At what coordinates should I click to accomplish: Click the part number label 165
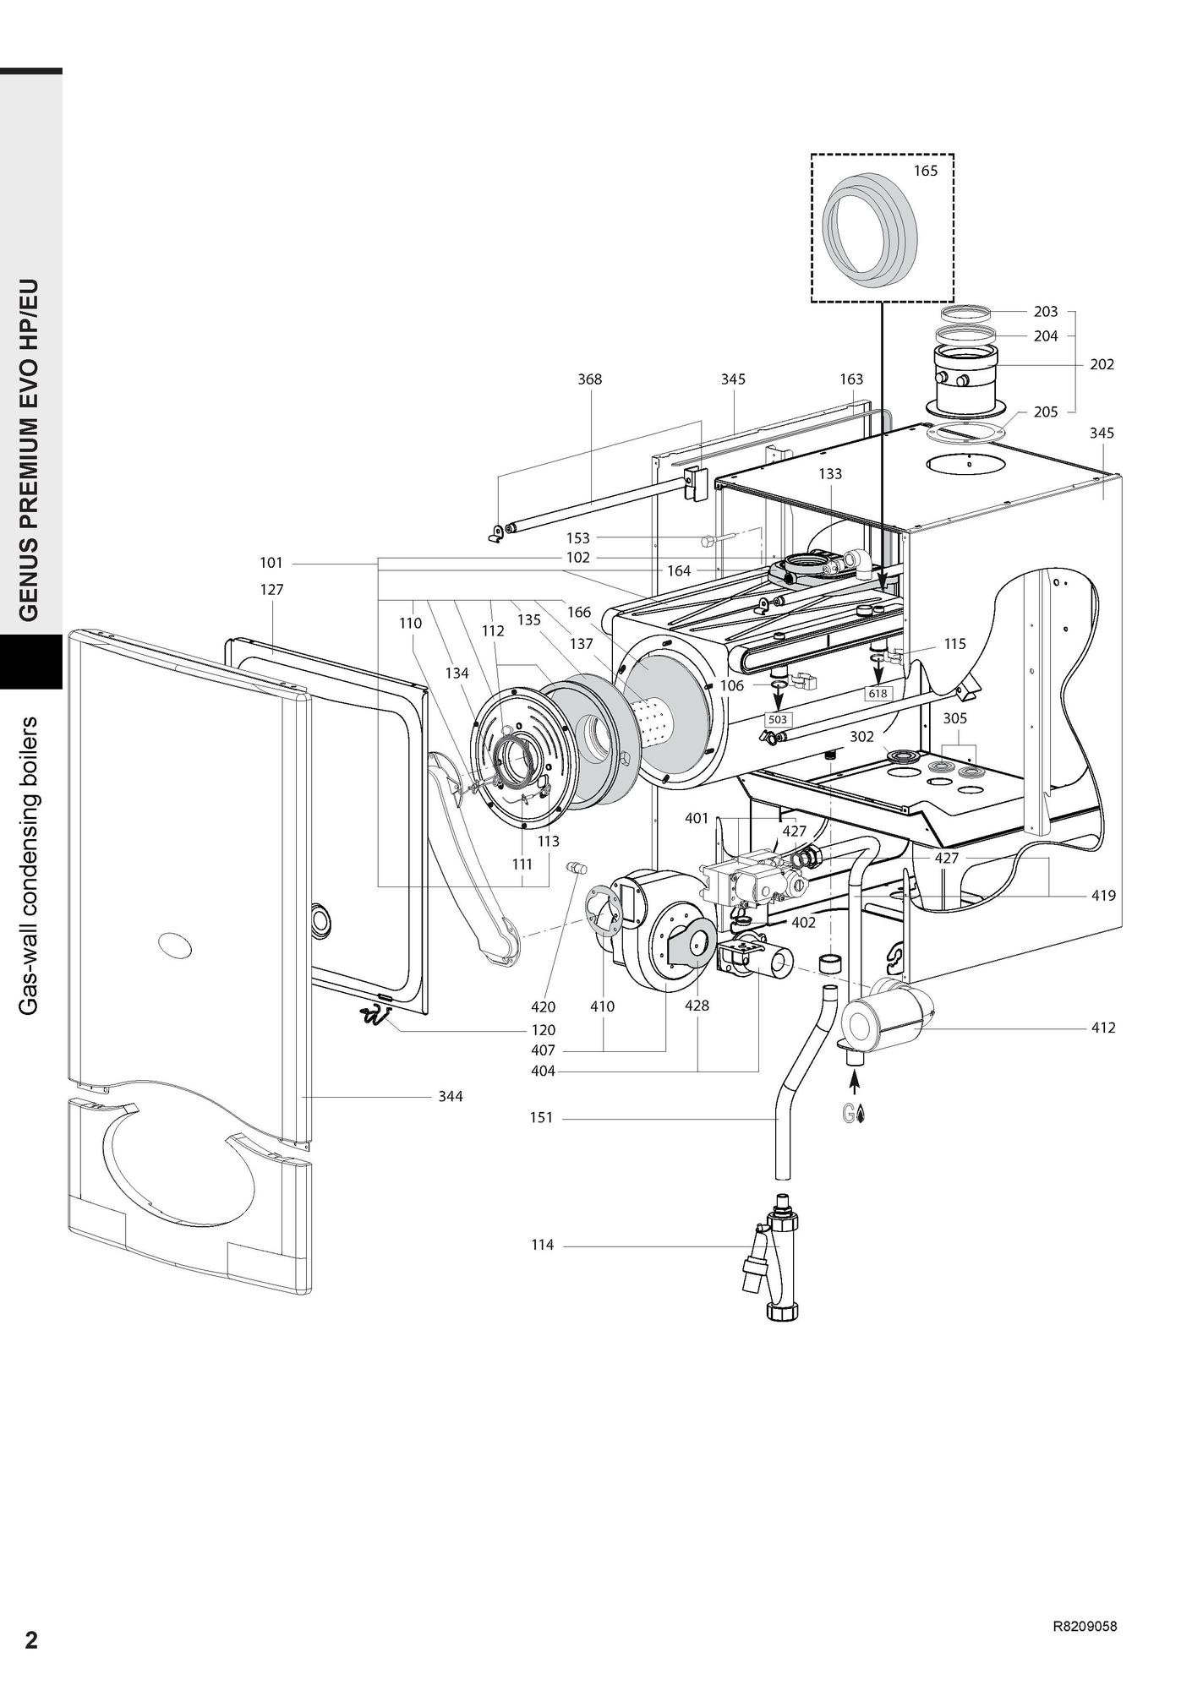[x=926, y=171]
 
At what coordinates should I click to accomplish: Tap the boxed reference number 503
[x=777, y=720]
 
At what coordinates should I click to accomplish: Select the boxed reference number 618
[x=878, y=694]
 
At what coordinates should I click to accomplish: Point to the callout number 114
[x=543, y=1245]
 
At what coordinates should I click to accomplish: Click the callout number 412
[x=1103, y=1028]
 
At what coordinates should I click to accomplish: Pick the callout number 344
[x=451, y=1096]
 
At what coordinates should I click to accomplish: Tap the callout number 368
[x=590, y=379]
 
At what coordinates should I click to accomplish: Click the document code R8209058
[x=1085, y=1625]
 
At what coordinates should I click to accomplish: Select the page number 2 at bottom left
[x=31, y=1641]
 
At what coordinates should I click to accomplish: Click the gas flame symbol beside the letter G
[x=861, y=1115]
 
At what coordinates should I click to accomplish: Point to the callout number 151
[x=541, y=1118]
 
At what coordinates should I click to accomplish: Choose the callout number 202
[x=1102, y=364]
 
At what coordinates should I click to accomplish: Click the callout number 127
[x=271, y=590]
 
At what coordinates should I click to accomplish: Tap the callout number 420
[x=544, y=1006]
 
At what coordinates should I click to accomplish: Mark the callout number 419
[x=1103, y=896]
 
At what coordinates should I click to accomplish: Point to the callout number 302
[x=861, y=737]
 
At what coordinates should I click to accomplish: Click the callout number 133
[x=830, y=474]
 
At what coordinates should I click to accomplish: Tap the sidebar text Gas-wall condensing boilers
[x=30, y=866]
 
